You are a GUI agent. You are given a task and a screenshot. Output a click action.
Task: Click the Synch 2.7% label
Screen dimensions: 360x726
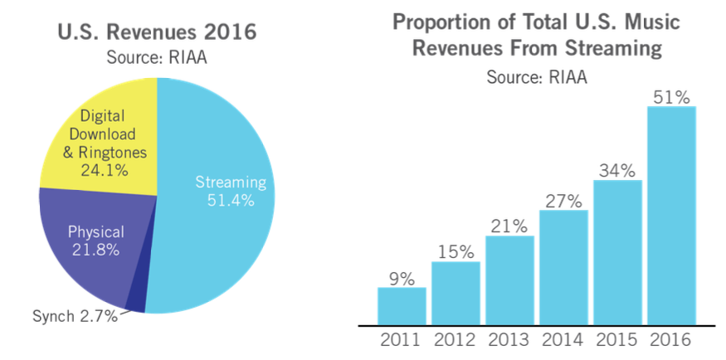(75, 315)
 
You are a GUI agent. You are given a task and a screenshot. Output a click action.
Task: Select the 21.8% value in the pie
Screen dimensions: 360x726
(96, 249)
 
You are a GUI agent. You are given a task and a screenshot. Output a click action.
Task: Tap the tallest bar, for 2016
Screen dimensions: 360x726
(671, 215)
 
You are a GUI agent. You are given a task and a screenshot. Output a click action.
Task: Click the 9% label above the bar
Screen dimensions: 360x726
(402, 278)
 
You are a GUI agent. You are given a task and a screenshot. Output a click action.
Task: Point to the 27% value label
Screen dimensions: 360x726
(563, 200)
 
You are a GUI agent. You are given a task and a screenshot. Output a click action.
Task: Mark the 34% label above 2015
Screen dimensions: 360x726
(617, 171)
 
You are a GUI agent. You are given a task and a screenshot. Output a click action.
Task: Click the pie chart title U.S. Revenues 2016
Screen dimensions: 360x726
(156, 33)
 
